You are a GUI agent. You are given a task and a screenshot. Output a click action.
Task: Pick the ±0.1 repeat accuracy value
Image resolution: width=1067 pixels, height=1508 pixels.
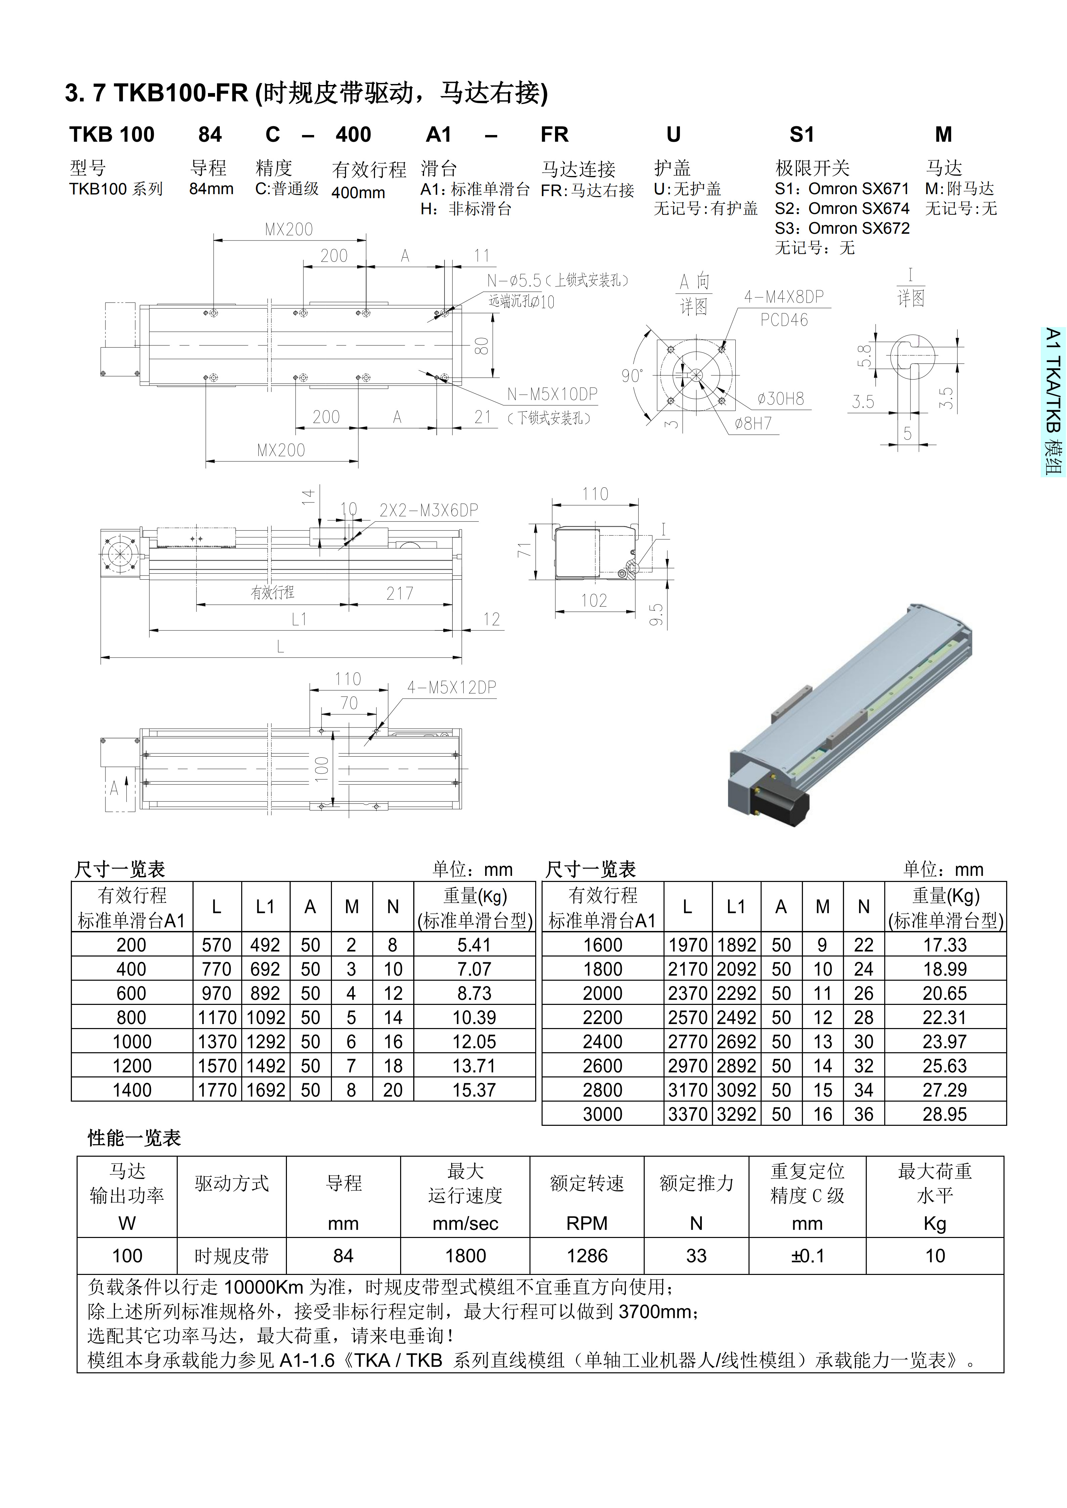tap(808, 1256)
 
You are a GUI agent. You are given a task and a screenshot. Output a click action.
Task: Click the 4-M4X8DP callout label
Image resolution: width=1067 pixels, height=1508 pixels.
tap(784, 297)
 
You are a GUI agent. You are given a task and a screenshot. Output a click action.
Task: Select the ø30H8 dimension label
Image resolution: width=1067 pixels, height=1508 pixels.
tap(780, 399)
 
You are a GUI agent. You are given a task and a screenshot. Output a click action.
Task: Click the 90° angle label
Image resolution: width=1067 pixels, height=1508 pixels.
tap(632, 376)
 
